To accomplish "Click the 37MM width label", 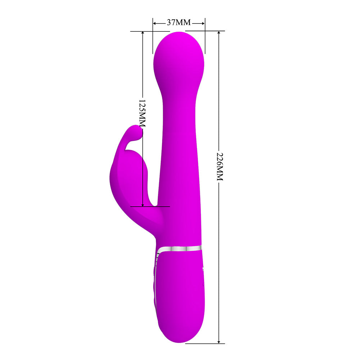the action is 179,22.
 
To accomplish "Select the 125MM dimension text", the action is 142,113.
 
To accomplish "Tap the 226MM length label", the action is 220,166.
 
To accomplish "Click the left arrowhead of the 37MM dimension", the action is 155,23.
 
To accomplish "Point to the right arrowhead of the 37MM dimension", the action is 203,23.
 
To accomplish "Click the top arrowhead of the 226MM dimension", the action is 219,33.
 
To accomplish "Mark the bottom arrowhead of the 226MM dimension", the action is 219,341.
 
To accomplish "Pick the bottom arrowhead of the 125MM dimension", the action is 143,204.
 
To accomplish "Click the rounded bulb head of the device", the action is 179,60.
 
